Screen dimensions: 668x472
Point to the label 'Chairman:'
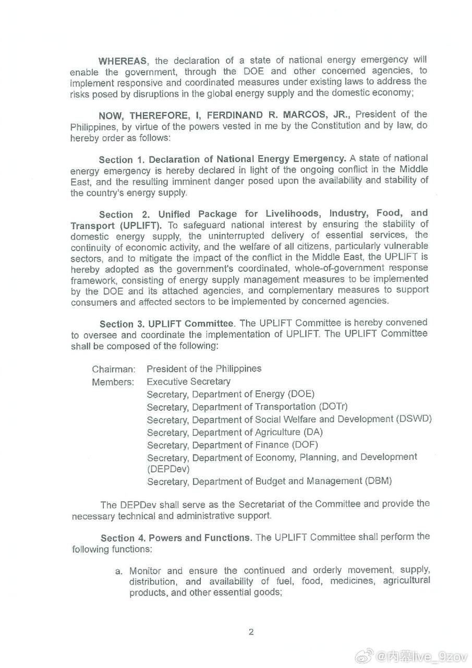114,369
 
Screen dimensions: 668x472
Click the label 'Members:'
113,382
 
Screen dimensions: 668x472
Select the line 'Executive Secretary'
188,381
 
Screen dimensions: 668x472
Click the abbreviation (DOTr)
333,407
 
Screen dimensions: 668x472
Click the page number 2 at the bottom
251,632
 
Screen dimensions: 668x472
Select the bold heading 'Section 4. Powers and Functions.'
175,538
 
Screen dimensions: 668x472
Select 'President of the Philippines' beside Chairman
204,368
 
